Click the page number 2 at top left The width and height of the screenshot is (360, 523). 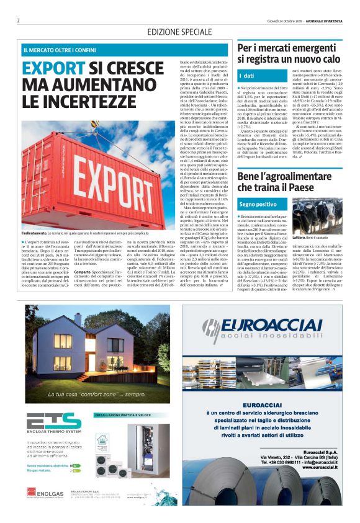click(x=19, y=20)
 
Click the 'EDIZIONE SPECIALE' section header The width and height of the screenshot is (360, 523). click(x=179, y=32)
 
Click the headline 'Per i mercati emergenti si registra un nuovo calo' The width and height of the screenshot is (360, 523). click(x=289, y=54)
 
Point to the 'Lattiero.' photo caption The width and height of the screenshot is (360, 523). click(x=300, y=238)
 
